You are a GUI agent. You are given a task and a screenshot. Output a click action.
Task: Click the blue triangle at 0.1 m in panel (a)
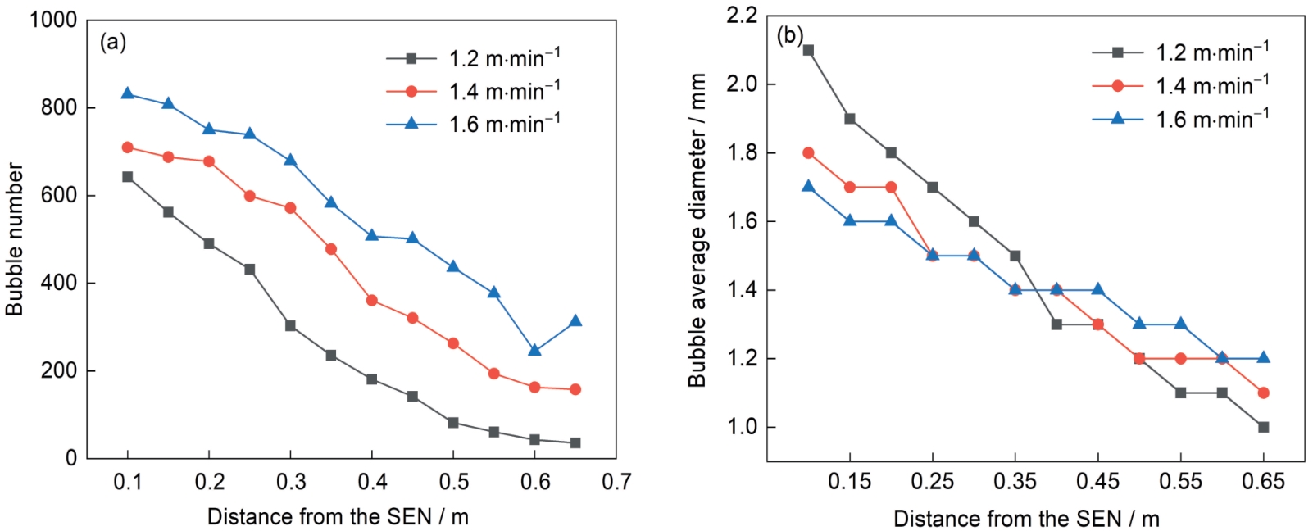128,93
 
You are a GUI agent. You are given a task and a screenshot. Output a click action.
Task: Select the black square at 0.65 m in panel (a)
575,443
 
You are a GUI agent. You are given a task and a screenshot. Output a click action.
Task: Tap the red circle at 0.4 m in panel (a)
372,301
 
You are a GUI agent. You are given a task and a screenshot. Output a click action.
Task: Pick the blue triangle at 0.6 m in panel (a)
535,350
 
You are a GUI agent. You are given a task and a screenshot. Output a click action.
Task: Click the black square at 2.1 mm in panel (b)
808,50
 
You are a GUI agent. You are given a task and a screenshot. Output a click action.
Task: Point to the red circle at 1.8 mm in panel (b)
808,153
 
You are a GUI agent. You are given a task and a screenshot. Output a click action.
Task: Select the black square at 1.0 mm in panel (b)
1263,427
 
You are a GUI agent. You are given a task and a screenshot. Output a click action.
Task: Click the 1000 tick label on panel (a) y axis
53,20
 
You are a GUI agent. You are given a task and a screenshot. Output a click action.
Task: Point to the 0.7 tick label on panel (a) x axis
616,482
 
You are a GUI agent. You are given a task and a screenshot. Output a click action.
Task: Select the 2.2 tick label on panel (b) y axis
741,16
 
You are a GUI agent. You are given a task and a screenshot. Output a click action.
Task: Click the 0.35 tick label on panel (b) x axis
1015,482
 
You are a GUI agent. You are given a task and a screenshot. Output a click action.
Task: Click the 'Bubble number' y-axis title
15,238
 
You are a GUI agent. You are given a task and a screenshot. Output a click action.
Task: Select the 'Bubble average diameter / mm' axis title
697,230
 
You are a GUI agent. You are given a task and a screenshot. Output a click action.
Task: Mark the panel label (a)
113,42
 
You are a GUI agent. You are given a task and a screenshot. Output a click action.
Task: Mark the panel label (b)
790,35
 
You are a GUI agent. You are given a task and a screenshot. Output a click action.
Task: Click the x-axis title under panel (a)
338,517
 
